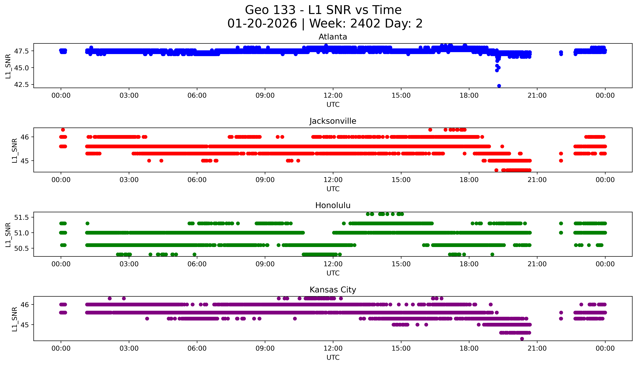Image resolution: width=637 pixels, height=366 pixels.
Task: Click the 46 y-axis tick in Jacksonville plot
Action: pyautogui.click(x=25, y=137)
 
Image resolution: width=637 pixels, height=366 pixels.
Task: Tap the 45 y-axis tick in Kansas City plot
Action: pyautogui.click(x=25, y=325)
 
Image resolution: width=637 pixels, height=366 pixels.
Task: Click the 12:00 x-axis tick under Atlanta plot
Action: pyautogui.click(x=333, y=96)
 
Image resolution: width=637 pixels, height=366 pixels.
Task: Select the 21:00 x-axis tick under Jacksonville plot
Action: pyautogui.click(x=537, y=180)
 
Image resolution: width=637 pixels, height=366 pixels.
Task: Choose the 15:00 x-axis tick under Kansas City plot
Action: pyautogui.click(x=401, y=348)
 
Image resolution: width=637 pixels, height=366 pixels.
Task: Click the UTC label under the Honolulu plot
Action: pyautogui.click(x=333, y=273)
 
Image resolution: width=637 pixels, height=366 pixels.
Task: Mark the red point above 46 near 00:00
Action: pyautogui.click(x=63, y=130)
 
